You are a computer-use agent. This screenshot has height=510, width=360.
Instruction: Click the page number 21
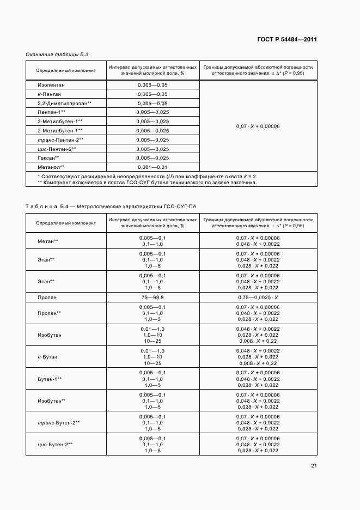click(314, 465)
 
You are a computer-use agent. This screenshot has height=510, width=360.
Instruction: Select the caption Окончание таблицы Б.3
click(57, 54)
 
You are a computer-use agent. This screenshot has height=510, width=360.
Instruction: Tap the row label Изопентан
click(51, 86)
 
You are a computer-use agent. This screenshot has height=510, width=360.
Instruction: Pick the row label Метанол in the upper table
click(51, 167)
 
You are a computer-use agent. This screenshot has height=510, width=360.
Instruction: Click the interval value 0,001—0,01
click(152, 167)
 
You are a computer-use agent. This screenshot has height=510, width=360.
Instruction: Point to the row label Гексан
click(48, 157)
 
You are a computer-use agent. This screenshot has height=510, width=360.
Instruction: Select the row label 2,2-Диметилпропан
click(64, 104)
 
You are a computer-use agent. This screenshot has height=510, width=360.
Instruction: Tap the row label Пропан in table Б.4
click(47, 297)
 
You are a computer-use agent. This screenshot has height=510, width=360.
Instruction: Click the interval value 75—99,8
click(152, 297)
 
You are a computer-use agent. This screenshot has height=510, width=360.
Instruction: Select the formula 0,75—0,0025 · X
click(258, 297)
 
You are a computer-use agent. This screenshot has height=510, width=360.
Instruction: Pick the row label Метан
click(48, 241)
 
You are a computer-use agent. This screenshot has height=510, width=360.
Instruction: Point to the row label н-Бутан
click(47, 357)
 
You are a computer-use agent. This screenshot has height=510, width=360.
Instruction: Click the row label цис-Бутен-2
click(55, 444)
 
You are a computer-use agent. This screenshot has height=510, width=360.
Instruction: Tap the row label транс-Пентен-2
click(60, 139)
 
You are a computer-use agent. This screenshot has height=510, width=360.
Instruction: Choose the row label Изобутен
click(52, 400)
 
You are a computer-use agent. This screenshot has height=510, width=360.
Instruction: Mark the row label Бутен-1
click(50, 379)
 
